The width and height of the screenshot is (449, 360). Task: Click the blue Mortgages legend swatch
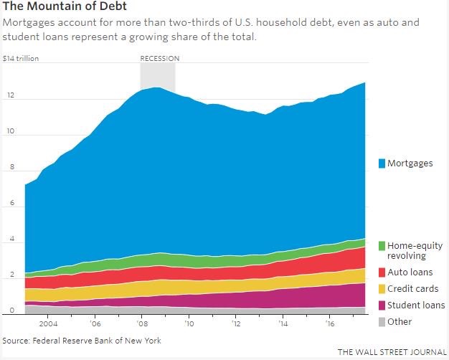click(x=382, y=164)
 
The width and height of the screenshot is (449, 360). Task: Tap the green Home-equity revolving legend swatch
click(x=382, y=245)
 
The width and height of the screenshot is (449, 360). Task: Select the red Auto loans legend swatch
click(x=382, y=273)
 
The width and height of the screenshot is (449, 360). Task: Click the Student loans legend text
click(x=416, y=305)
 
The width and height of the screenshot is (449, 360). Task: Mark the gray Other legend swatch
click(x=382, y=322)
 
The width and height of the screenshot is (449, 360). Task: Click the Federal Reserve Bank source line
click(x=81, y=341)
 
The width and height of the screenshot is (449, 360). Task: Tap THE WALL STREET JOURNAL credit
click(x=392, y=352)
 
